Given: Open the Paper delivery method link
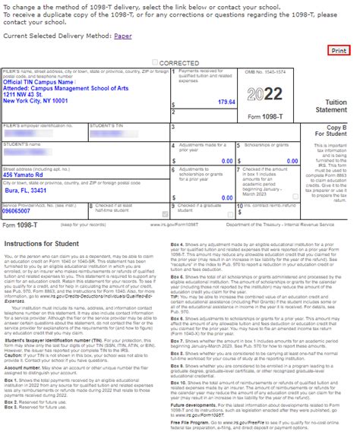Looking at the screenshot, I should coord(122,36).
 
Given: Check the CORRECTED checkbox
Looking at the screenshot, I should coord(156,61).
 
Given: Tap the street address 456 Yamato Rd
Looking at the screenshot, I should coord(29,175).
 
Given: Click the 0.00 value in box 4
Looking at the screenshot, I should coord(227,161).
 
